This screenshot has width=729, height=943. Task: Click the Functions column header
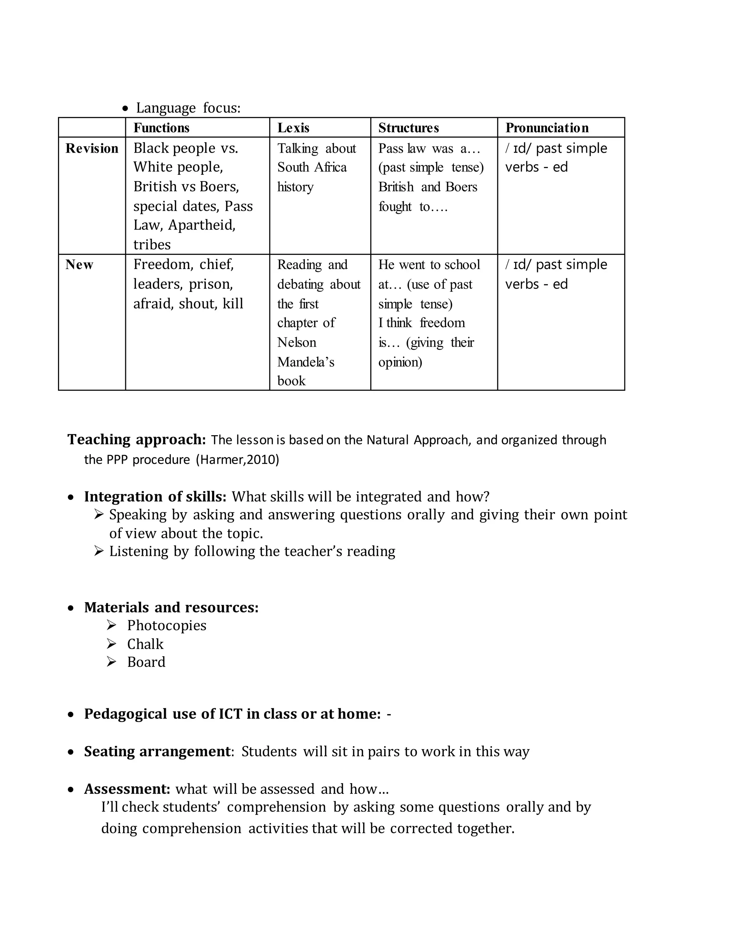tap(161, 128)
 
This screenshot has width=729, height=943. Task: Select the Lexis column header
tap(293, 128)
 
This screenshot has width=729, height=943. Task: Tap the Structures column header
tap(408, 128)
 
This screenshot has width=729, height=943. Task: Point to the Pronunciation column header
tap(547, 128)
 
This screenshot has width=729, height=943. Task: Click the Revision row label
tap(91, 148)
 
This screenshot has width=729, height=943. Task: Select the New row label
tap(79, 265)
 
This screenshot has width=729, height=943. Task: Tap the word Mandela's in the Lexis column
tap(305, 362)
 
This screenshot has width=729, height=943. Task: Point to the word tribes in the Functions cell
tap(152, 245)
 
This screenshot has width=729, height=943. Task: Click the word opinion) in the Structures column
tap(400, 362)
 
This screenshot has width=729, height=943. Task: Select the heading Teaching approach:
tap(136, 439)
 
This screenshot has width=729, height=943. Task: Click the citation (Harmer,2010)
tap(237, 459)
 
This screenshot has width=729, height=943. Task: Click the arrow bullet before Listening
tap(99, 551)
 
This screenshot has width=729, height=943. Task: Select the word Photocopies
tap(166, 625)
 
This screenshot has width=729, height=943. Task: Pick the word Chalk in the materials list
tap(145, 644)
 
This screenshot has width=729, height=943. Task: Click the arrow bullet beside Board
tap(111, 662)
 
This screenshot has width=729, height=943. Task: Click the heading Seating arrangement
tap(158, 751)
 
